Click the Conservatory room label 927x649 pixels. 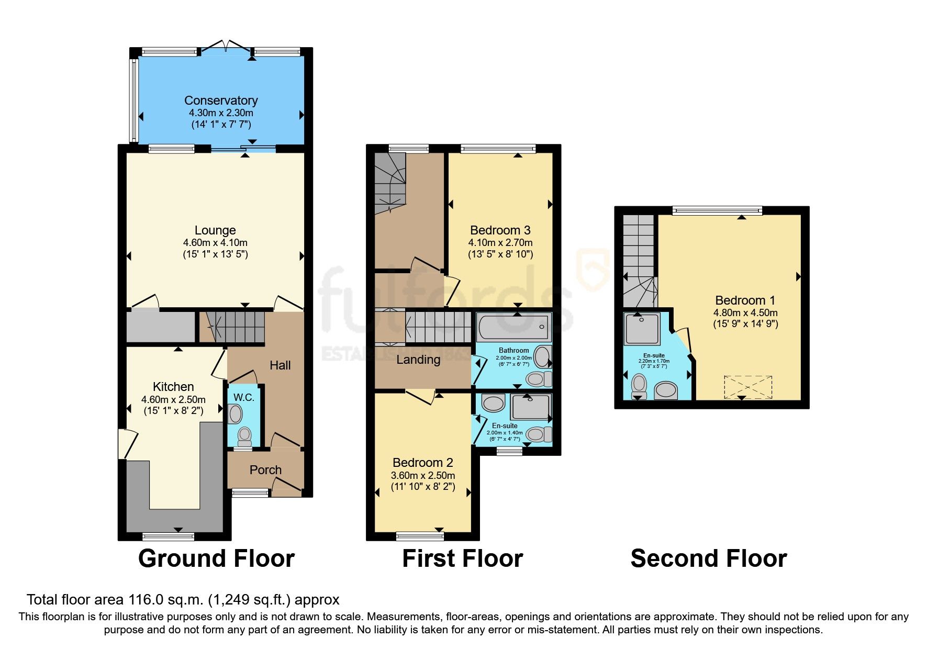(221, 100)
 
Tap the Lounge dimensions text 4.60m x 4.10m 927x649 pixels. (215, 243)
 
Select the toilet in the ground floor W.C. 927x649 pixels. (244, 435)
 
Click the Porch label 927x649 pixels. (265, 470)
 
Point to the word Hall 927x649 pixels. (280, 365)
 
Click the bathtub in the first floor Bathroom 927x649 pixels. (513, 327)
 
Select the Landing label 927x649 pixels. (418, 360)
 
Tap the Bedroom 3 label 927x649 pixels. (500, 230)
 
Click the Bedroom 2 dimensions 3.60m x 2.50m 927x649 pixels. (423, 476)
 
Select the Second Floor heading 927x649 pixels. (709, 558)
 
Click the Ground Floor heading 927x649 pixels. (216, 558)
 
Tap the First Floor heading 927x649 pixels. (463, 558)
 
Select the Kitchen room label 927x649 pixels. (173, 387)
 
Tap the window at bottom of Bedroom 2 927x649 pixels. (420, 535)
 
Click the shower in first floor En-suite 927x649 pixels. (531, 407)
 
